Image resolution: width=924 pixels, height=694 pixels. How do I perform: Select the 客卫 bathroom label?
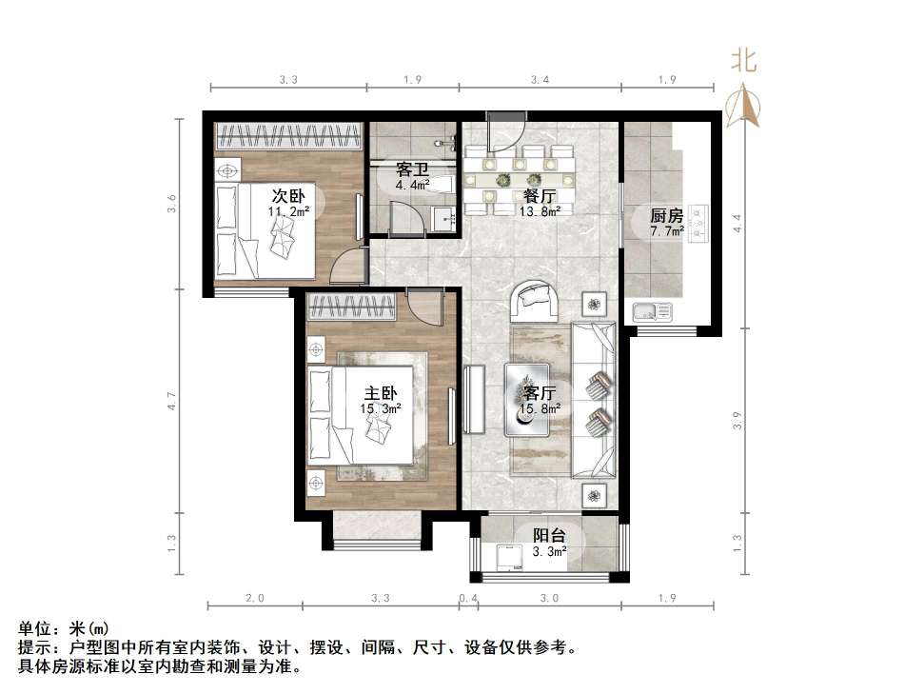[411, 169]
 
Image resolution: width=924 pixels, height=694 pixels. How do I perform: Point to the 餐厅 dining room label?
[540, 196]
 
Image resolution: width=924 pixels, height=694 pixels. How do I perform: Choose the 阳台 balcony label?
[549, 536]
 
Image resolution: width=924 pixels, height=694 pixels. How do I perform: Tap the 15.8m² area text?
[540, 409]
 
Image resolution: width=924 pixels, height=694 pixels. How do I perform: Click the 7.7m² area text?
[667, 230]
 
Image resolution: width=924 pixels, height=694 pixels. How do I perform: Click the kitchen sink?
[652, 310]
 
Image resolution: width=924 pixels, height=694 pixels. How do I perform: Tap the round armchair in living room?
[538, 300]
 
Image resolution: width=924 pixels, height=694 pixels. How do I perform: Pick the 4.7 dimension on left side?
[172, 402]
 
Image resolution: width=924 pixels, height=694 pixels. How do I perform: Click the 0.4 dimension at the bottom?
[467, 598]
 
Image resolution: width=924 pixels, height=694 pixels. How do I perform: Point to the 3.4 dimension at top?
[540, 80]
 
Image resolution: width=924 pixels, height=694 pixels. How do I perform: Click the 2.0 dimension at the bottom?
[254, 598]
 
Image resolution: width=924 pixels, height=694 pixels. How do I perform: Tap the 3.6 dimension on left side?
[172, 203]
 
